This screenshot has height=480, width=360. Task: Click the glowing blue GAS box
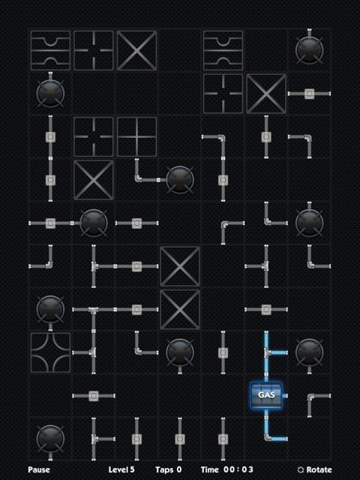[x=266, y=395]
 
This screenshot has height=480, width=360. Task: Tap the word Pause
[x=39, y=469]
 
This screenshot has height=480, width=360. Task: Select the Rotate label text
[x=319, y=469]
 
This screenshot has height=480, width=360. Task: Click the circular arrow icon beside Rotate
[x=301, y=469]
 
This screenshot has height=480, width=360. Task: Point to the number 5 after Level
[x=132, y=469]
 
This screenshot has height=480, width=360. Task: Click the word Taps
[x=164, y=470]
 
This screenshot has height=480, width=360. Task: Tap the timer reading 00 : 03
[x=238, y=469]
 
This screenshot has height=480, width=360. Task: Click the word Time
[x=210, y=469]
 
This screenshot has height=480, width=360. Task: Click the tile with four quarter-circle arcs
[x=50, y=352]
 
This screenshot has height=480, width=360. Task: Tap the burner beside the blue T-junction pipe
[x=309, y=352]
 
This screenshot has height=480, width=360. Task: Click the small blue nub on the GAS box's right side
[x=285, y=395]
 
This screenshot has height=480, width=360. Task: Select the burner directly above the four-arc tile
[x=50, y=310]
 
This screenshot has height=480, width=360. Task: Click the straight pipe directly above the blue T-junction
[x=266, y=310]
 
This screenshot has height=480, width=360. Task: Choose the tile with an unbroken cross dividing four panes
[x=136, y=136]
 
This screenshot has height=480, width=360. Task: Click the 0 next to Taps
[x=179, y=469]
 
